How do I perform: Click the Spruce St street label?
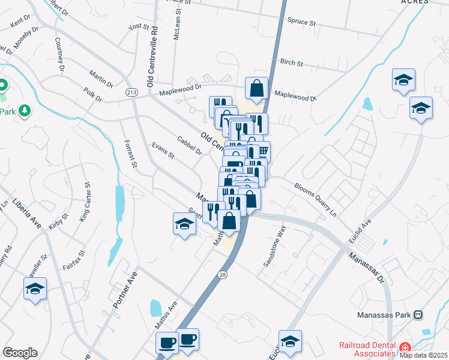click(x=302, y=22)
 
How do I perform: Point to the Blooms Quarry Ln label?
click(x=315, y=197)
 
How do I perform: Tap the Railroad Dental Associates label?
click(x=369, y=349)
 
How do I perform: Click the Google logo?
click(x=20, y=353)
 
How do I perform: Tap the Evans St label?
click(x=163, y=151)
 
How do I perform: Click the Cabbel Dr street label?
click(x=189, y=145)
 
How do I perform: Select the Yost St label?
click(x=138, y=27)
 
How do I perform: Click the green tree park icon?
click(x=24, y=110)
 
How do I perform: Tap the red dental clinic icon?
click(x=406, y=347)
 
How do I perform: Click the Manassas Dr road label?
click(x=367, y=265)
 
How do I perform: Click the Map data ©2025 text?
click(x=424, y=355)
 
